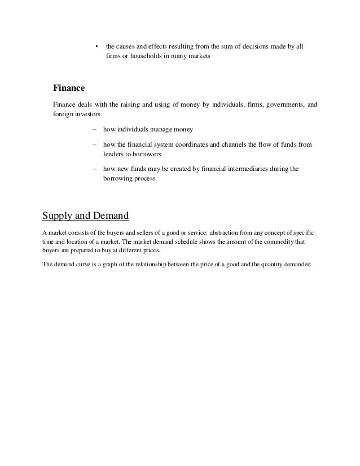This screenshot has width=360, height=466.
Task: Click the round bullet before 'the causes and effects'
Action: coord(96,46)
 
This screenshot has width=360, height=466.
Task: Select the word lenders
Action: coord(114,154)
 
